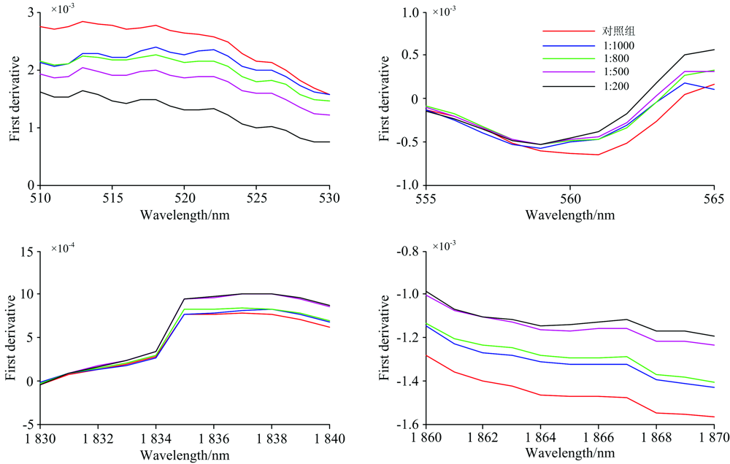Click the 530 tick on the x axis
[x=329, y=198]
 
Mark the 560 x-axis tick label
[x=569, y=198]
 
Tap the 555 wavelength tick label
[x=426, y=198]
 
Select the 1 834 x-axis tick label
[x=155, y=437]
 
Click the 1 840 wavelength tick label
[x=328, y=437]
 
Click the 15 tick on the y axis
[x=26, y=251]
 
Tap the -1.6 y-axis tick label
[x=405, y=425]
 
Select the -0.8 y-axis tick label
[x=405, y=251]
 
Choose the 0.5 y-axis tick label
[x=408, y=55]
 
